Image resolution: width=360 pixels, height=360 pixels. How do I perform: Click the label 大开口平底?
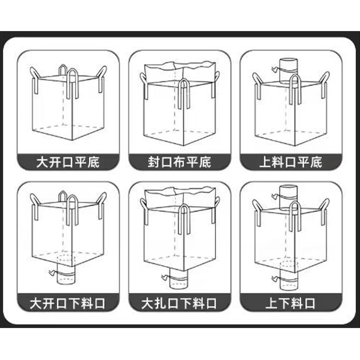click(68, 162)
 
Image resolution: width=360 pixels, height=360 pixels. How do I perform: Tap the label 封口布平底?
click(179, 162)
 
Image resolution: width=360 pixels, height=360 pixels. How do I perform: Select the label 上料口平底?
click(291, 162)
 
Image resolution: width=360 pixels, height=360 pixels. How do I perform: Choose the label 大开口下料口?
click(67, 303)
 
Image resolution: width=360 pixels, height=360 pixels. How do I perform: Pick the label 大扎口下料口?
click(179, 303)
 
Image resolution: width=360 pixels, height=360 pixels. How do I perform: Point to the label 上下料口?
click(290, 303)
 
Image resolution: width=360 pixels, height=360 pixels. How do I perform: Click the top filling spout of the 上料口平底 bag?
click(288, 71)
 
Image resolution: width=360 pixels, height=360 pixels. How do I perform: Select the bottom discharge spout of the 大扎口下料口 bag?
click(179, 279)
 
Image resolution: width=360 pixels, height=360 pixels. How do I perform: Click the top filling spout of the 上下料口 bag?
click(288, 198)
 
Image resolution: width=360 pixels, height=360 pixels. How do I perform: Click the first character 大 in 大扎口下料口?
click(148, 303)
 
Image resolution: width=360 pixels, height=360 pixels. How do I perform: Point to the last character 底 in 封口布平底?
click(205, 162)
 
